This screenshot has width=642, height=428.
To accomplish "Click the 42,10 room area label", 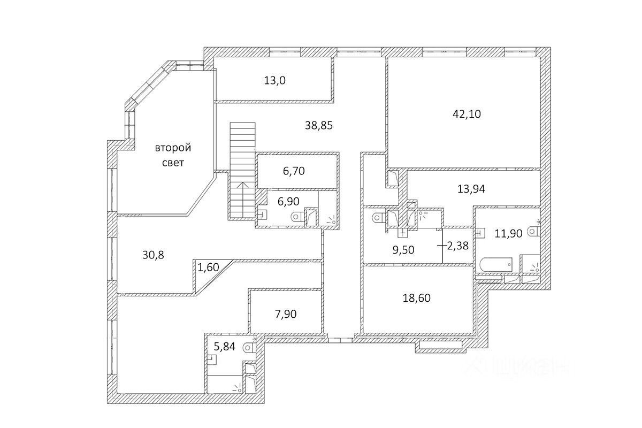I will click(x=466, y=114).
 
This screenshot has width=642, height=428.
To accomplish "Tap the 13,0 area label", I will click(x=275, y=81).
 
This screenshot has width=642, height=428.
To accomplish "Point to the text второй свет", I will click(x=173, y=155).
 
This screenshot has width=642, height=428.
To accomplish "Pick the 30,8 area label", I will click(x=153, y=255).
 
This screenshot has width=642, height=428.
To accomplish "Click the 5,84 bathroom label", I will click(x=225, y=346).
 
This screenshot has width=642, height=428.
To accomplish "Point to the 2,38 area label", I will click(x=457, y=246).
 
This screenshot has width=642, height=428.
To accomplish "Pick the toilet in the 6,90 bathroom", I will click(x=296, y=217).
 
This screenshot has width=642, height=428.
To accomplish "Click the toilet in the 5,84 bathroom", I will click(x=248, y=347).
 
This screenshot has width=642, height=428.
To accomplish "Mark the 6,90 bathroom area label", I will click(x=288, y=201).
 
